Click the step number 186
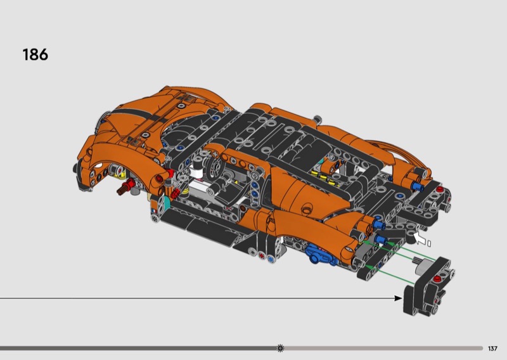pyautogui.click(x=35, y=55)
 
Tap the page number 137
pyautogui.click(x=492, y=349)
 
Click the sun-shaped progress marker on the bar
pyautogui.click(x=280, y=349)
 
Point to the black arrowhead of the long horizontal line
pyautogui.click(x=398, y=298)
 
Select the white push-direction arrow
pyautogui.click(x=420, y=238)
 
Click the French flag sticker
pyautogui.click(x=154, y=211)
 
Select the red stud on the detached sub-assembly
pyautogui.click(x=437, y=279)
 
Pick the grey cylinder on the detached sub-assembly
pyautogui.click(x=421, y=266)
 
